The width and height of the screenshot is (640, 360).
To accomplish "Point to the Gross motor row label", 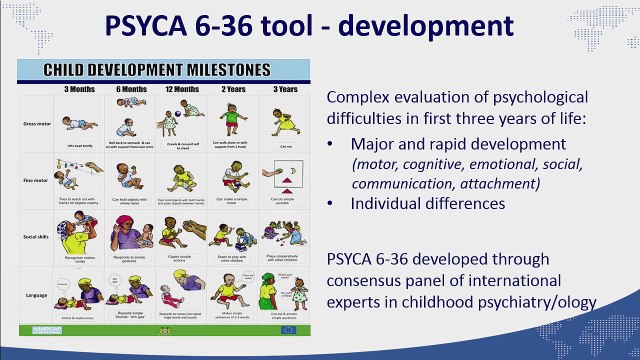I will (x=37, y=124).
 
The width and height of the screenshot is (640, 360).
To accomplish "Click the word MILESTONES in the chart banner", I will (x=215, y=72).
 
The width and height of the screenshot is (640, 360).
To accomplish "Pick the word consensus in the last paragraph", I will (x=359, y=279).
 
